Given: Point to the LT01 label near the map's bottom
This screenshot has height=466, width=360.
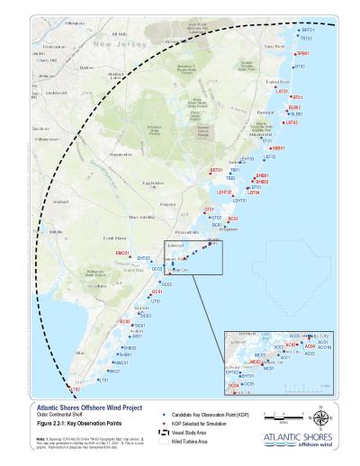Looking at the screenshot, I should (x=103, y=380).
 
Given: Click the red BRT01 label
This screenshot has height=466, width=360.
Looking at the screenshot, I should (x=216, y=170).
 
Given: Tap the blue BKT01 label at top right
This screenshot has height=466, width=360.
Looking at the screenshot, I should (x=308, y=30).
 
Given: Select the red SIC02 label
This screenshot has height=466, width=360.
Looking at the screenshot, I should (x=125, y=321).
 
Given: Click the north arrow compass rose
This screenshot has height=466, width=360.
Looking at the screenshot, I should (x=321, y=416).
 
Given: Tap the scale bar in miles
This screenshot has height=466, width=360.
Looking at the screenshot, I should (x=274, y=417).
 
